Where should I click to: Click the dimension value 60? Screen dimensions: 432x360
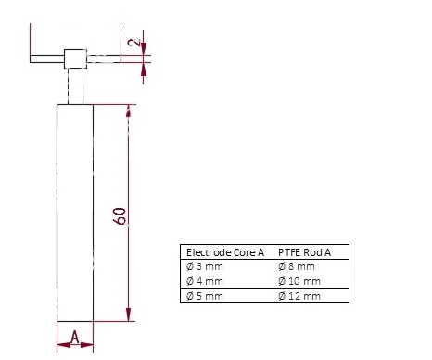[120, 215]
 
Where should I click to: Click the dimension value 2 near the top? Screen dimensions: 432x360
[134, 43]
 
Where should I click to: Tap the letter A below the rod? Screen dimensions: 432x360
[75, 337]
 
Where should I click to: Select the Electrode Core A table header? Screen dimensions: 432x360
[225, 252]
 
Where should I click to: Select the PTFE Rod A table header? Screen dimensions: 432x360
[304, 252]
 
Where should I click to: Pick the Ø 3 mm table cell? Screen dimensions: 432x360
[205, 266]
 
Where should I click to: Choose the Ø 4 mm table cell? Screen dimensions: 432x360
[205, 281]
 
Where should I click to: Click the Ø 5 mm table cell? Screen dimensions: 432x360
[205, 296]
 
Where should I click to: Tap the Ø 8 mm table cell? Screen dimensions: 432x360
[297, 266]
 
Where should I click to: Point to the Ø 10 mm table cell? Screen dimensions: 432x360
[299, 281]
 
